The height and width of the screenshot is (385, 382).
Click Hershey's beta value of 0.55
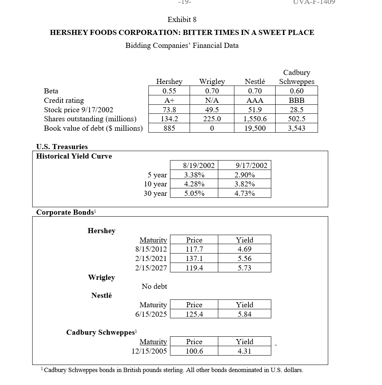point(169,91)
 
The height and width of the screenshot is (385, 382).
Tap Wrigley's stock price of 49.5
point(212,110)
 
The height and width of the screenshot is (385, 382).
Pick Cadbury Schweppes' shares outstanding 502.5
point(296,119)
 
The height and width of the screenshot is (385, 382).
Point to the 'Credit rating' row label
point(64,100)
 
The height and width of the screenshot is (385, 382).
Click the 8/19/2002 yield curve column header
point(199,165)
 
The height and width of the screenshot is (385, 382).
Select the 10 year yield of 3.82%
point(245,184)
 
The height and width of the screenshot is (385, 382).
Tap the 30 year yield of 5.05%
point(194,193)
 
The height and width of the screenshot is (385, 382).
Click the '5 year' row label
point(157,175)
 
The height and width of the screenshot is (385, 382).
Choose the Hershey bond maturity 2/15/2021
point(151,259)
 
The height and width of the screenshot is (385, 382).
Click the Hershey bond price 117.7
point(194,249)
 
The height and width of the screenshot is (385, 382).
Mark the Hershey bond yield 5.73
point(245,268)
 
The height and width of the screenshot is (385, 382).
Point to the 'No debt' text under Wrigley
point(154,286)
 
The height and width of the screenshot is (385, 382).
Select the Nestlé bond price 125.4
point(194,314)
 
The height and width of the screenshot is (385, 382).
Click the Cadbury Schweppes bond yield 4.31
point(245,351)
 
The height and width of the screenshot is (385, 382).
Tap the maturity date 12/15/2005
point(149,351)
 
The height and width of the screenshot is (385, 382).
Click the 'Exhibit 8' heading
point(182,20)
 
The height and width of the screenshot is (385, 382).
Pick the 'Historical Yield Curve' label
point(74,156)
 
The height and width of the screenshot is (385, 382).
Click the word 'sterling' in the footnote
point(170,370)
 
